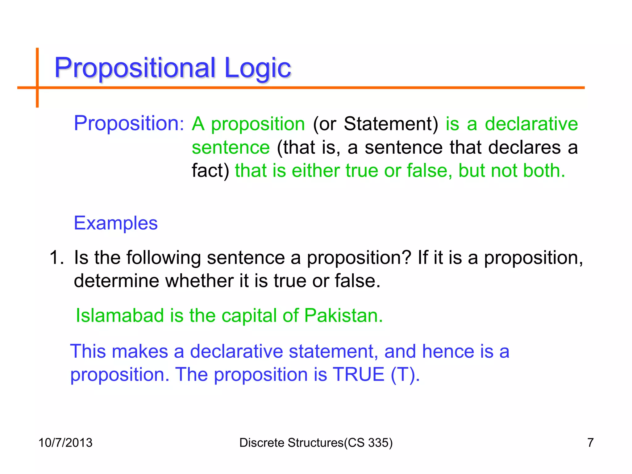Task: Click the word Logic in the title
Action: pos(258,68)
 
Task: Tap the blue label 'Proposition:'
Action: pos(129,123)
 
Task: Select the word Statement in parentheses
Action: pos(390,124)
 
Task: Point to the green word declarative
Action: pos(531,124)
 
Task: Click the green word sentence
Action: pos(231,147)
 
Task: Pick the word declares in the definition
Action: pos(524,147)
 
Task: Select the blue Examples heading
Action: pos(116,223)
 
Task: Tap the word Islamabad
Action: pos(120,315)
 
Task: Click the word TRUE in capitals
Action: pos(359,374)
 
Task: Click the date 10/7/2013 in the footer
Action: pos(65,443)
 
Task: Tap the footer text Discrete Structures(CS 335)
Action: pos(316,443)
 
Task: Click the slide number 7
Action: pos(590,443)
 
